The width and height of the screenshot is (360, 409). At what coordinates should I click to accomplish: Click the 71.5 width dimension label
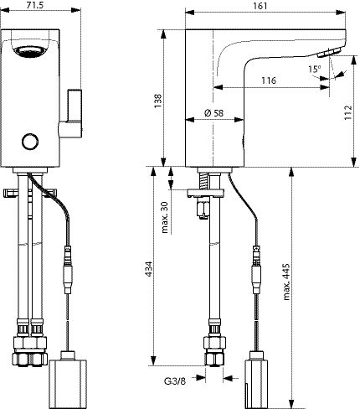click(36, 5)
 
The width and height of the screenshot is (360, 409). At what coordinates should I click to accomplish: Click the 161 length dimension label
click(260, 6)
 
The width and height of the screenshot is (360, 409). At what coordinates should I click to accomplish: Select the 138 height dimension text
click(158, 101)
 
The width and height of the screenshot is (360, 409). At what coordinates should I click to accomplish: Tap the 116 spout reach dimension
click(269, 80)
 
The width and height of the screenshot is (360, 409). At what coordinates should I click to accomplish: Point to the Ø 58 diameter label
click(213, 113)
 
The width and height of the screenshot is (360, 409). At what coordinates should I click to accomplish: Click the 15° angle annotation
click(315, 69)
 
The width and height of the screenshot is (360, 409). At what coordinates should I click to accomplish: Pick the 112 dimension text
click(347, 112)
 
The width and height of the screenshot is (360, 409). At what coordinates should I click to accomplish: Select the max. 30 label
click(165, 217)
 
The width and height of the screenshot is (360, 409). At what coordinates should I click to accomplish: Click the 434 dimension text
click(148, 269)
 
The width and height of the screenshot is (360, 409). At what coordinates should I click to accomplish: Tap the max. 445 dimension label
click(286, 282)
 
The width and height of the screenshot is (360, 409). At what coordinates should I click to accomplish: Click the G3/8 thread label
click(175, 381)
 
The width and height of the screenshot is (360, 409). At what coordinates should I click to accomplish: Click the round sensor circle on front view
click(30, 142)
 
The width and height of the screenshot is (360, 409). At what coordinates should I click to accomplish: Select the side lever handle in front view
click(71, 113)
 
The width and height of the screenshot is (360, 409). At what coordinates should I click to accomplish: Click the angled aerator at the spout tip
click(330, 53)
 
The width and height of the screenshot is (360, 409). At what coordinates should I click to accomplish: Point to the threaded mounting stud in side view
click(203, 181)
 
